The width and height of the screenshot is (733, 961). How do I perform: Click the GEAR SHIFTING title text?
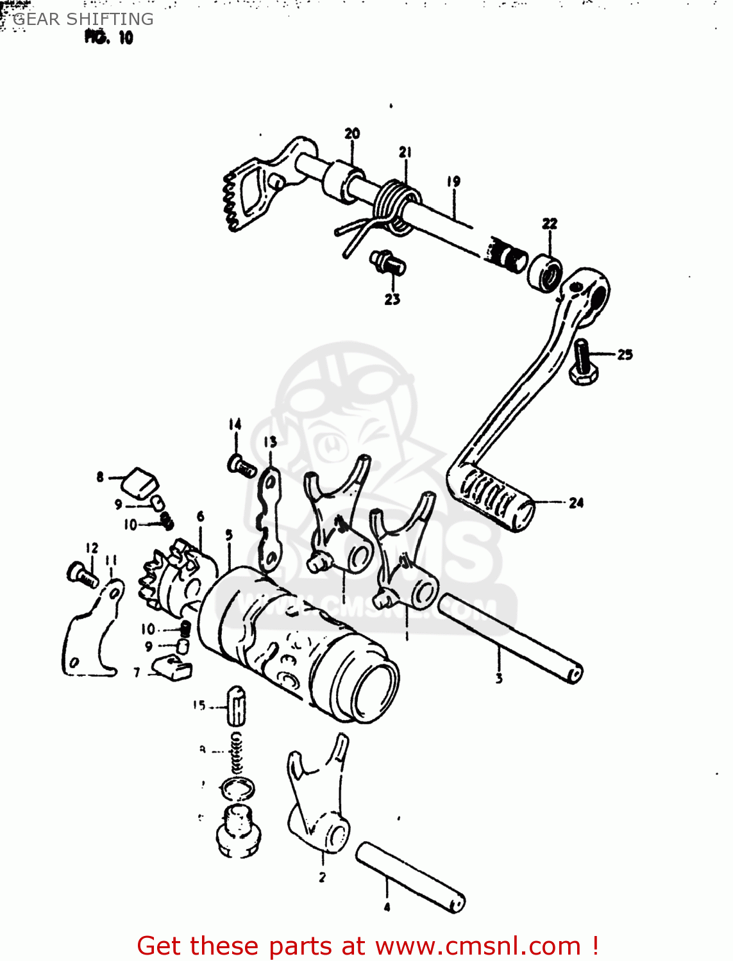pyautogui.click(x=83, y=19)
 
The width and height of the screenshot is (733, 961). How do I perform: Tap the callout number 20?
pyautogui.click(x=352, y=133)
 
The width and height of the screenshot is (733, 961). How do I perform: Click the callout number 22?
pyautogui.click(x=550, y=224)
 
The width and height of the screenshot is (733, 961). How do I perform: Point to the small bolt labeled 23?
pyautogui.click(x=387, y=261)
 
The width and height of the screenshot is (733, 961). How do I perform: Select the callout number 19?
pyautogui.click(x=453, y=181)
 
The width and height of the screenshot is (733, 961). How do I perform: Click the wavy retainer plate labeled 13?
pyautogui.click(x=270, y=519)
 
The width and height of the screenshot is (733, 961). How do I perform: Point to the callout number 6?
pyautogui.click(x=201, y=516)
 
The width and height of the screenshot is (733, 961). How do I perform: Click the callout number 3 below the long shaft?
pyautogui.click(x=499, y=678)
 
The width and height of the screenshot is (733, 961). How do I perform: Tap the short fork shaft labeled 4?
pyautogui.click(x=410, y=876)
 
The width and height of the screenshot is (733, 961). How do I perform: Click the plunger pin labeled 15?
pyautogui.click(x=236, y=705)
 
